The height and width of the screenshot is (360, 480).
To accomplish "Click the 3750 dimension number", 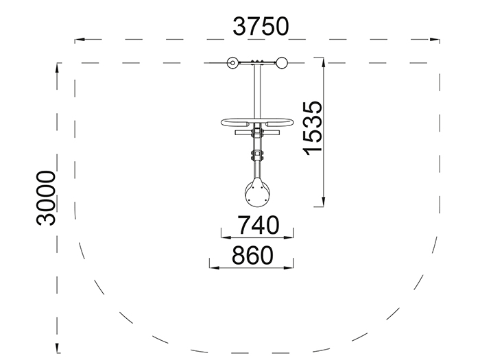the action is (261, 27).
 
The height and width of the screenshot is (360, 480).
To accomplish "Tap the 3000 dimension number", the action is (46, 198).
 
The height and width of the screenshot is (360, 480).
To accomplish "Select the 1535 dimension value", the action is (313, 128).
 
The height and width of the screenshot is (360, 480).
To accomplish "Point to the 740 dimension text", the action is (259, 226).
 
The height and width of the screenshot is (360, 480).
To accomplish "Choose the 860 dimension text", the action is (252, 255).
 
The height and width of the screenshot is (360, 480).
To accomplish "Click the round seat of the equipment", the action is (257, 193).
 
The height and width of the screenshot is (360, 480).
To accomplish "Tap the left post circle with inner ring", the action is (233, 63).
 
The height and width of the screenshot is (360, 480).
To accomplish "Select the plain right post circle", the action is (282, 63).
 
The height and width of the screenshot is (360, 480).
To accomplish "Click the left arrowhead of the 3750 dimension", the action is (80, 40).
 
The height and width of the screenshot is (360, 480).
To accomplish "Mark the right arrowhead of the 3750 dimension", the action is (435, 40).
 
